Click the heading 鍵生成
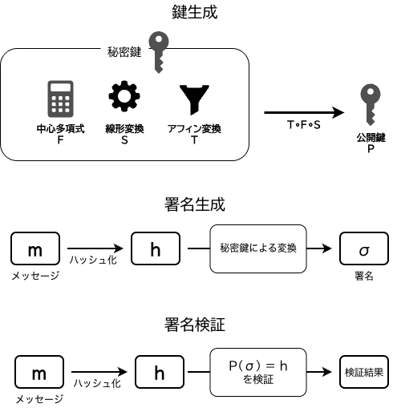click(195, 12)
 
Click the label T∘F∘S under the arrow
click(302, 126)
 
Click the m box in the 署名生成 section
click(35, 249)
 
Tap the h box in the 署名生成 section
click(156, 249)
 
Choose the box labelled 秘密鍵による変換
click(257, 248)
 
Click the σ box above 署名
click(364, 249)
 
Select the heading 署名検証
click(195, 325)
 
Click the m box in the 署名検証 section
click(38, 372)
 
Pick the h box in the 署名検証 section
click(160, 372)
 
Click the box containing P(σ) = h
click(258, 371)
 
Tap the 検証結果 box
click(363, 372)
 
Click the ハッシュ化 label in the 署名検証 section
click(97, 384)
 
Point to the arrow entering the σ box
click(319, 248)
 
